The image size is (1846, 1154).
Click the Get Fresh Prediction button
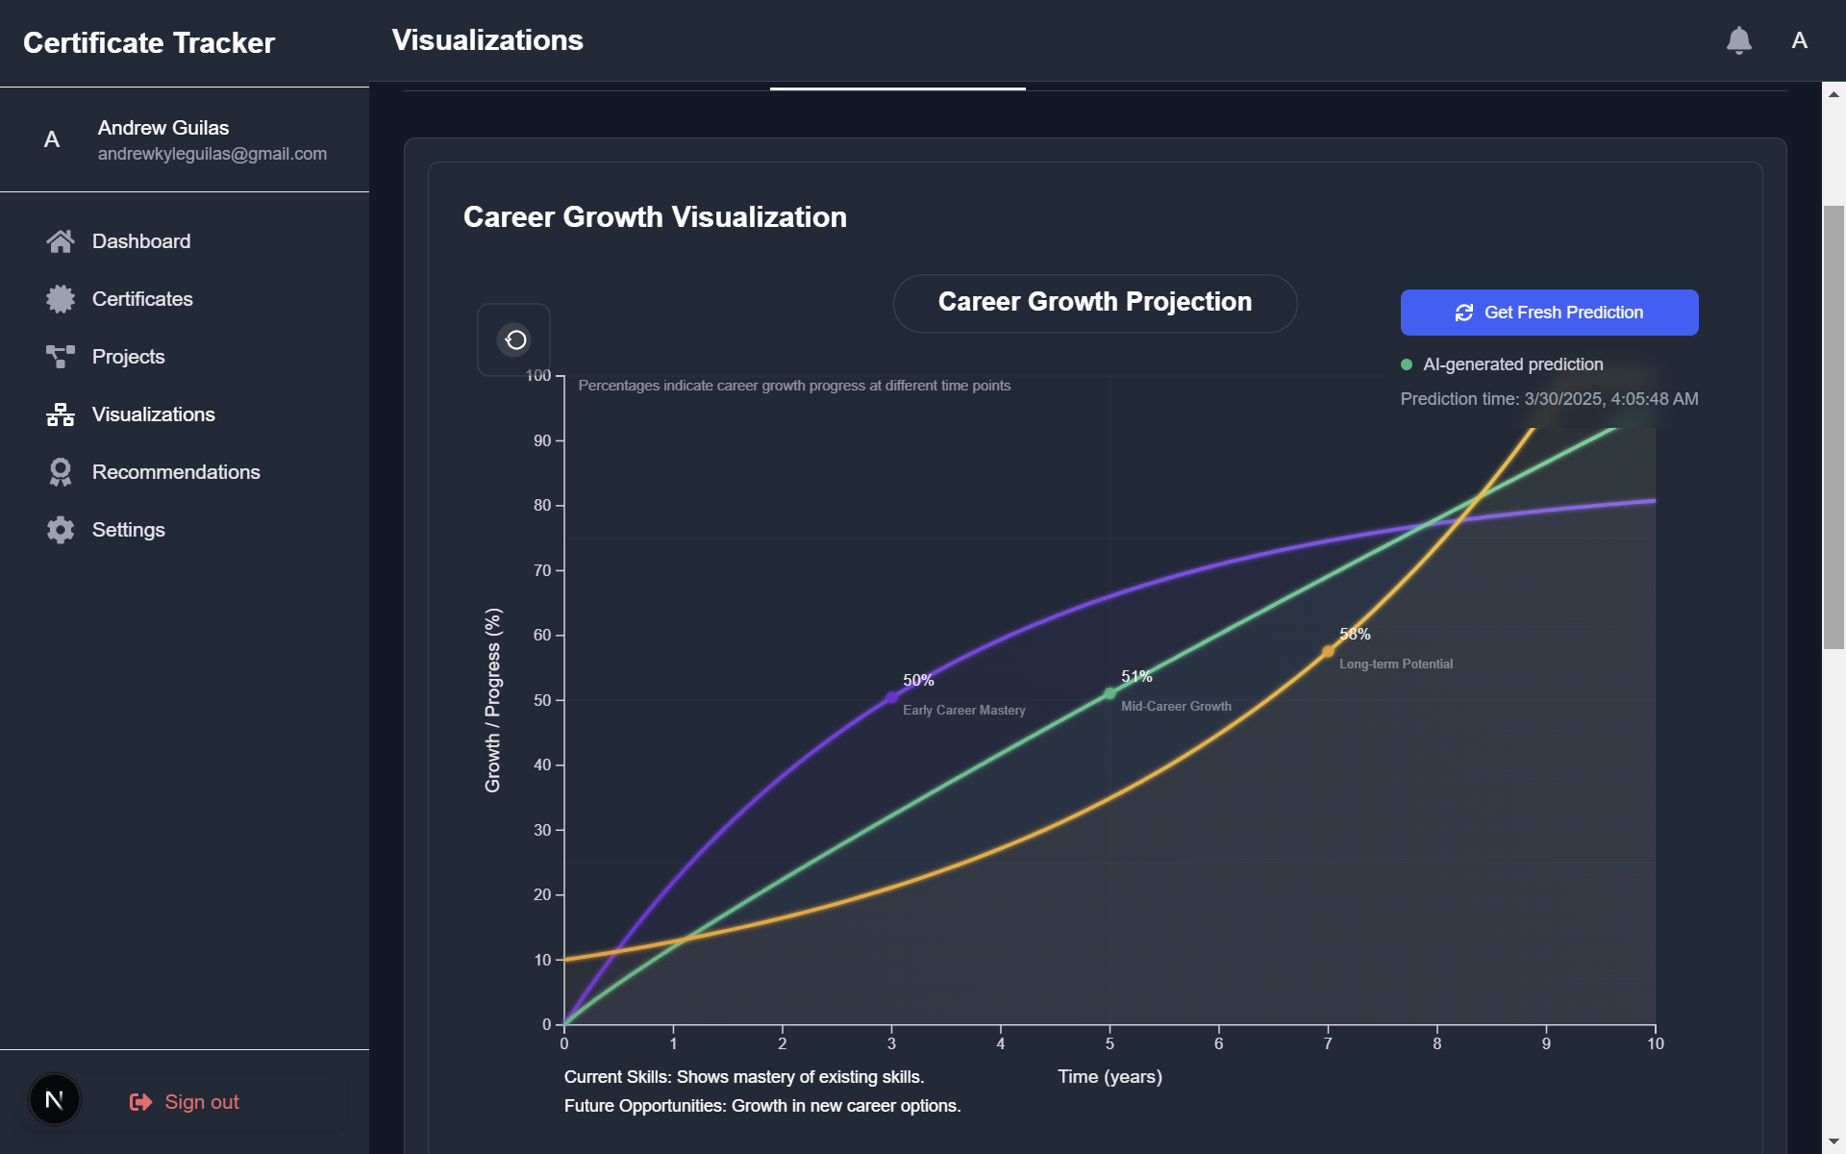1549,313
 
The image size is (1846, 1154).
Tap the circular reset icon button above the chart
515,339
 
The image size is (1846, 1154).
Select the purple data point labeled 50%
891,698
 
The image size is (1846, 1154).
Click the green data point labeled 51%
1110,693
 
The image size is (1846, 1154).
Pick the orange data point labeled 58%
1328,652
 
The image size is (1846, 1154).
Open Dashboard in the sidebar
140,241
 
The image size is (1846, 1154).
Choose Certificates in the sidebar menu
142,299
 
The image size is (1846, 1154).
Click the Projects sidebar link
128,357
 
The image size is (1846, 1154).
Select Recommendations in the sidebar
176,472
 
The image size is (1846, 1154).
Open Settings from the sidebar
128,530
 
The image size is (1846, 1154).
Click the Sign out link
201,1102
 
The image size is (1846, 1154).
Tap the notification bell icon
1738,40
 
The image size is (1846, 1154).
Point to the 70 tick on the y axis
543,571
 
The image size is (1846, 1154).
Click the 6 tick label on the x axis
1218,1044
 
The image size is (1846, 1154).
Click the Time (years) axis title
1110,1077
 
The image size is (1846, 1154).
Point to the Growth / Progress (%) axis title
493,700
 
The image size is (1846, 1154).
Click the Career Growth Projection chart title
1094,302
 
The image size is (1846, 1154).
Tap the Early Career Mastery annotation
963,711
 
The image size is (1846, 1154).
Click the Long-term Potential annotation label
1395,665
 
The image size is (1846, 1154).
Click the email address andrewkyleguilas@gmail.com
212,154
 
